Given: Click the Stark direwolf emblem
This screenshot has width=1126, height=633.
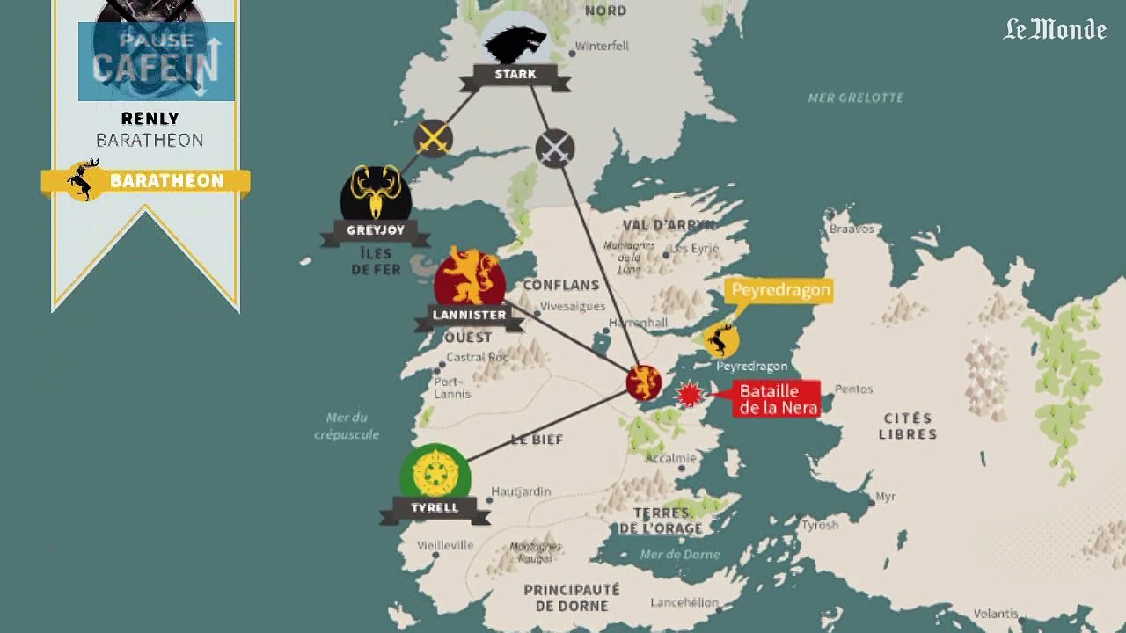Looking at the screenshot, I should (515, 42).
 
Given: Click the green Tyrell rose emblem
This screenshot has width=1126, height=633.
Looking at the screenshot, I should (435, 475).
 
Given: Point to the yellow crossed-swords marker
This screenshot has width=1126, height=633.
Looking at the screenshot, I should (433, 138).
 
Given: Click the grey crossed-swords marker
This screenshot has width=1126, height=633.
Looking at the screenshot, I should (555, 148).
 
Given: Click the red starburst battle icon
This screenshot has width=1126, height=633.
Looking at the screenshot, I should (690, 395).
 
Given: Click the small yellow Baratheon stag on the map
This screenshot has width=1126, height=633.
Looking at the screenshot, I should (721, 338).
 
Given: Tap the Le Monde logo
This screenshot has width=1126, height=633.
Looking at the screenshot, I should (1055, 30).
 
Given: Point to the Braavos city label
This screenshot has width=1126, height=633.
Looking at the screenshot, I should (852, 229).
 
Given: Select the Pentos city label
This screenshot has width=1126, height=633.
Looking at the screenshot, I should (853, 389).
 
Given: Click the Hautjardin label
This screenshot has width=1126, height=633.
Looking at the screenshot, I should (521, 491).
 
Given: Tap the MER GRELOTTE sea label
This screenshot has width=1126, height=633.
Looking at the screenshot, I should (855, 98).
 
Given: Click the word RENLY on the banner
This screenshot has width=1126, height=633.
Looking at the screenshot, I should (150, 119).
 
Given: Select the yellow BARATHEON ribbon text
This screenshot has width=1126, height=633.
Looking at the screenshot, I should (166, 181).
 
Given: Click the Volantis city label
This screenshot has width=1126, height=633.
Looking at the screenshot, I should (996, 614).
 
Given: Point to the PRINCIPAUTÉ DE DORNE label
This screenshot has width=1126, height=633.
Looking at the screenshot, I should (572, 597).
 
